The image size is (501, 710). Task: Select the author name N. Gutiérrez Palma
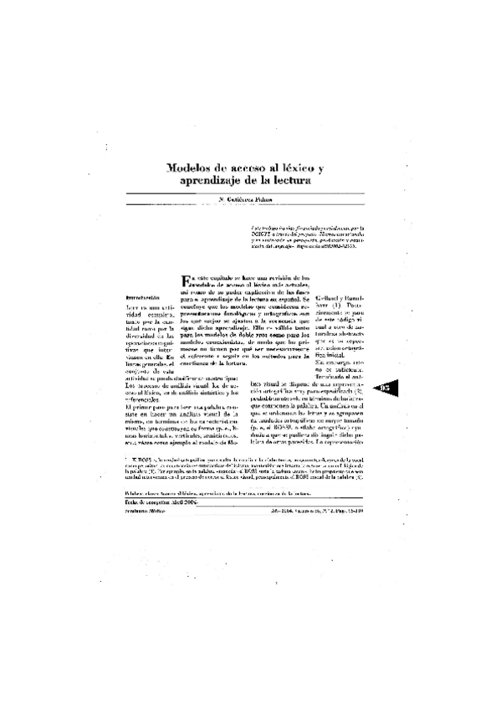coord(248,201)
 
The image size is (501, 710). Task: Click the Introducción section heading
coord(141,296)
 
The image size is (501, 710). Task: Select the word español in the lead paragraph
coord(294,298)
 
